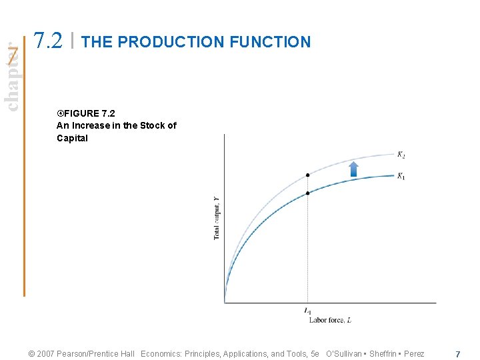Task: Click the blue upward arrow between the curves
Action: point(354,169)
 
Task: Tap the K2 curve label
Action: point(401,155)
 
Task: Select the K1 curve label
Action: point(401,176)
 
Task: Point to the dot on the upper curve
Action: point(307,175)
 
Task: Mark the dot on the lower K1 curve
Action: point(307,193)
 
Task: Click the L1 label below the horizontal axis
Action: point(307,311)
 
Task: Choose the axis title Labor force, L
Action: point(329,320)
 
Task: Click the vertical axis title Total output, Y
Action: point(216,218)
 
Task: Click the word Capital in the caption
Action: point(72,138)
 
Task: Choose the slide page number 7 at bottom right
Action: point(457,354)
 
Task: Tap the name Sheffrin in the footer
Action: point(382,354)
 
